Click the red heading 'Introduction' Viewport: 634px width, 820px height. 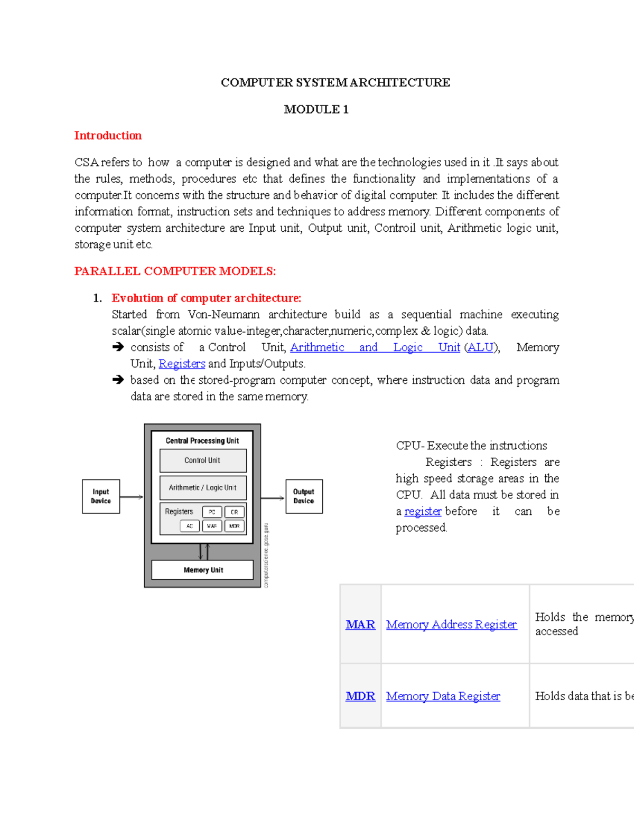108,136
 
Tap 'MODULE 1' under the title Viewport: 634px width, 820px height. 316,109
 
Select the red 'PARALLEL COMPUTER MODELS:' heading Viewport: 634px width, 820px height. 175,271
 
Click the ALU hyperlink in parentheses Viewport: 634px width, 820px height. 481,347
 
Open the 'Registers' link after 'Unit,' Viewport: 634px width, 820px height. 182,364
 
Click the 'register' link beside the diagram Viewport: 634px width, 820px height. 423,511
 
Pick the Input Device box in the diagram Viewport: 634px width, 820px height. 101,496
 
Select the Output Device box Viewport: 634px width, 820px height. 304,496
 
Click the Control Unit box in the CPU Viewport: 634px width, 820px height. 203,460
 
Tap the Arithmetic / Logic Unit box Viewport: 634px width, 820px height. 203,488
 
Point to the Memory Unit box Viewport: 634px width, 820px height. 203,570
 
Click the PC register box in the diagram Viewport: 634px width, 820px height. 212,512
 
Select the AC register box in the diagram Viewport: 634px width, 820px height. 190,526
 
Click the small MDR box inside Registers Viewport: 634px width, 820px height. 235,526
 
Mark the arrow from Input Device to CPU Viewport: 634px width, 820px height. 132,497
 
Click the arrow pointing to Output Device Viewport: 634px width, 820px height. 273,498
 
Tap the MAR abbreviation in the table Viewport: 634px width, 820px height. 360,625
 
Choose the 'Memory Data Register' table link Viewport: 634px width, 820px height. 443,696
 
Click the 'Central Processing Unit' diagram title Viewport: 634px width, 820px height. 202,441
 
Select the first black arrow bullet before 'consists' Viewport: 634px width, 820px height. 118,347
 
